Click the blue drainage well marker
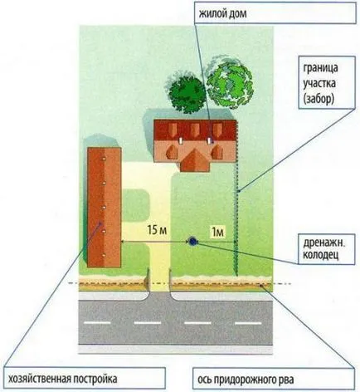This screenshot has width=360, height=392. [192, 242]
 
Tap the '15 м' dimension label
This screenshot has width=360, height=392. [157, 230]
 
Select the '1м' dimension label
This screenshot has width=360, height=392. [217, 232]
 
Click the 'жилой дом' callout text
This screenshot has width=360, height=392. [222, 13]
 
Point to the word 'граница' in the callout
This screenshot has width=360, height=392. [320, 68]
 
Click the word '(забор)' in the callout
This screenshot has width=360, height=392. [319, 99]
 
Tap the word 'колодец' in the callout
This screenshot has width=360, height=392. [321, 255]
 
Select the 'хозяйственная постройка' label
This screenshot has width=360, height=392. [62, 379]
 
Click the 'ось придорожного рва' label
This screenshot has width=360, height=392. [246, 379]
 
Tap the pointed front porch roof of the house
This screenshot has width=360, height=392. [195, 160]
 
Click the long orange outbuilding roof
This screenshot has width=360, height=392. [105, 208]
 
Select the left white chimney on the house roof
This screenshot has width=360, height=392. [180, 140]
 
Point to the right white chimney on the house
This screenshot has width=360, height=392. [209, 140]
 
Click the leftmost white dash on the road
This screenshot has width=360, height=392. [97, 323]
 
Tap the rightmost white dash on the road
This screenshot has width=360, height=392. [248, 323]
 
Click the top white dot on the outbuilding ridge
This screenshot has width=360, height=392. [105, 159]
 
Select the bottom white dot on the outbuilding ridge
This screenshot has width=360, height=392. [105, 255]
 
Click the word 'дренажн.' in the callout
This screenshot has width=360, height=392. [324, 243]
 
